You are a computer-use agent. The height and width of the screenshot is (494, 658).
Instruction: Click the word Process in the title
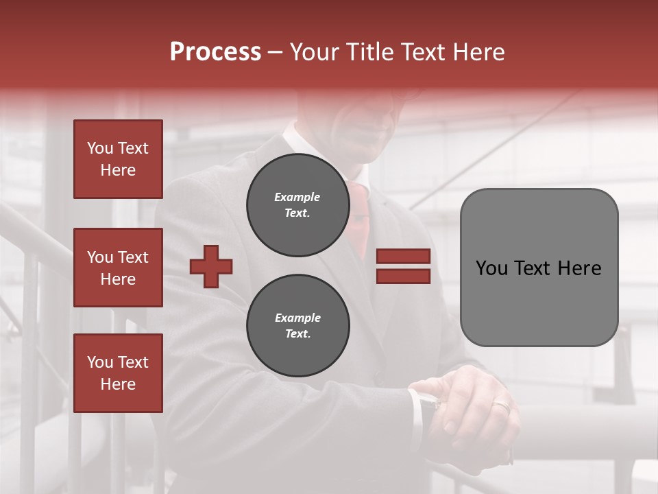(215, 52)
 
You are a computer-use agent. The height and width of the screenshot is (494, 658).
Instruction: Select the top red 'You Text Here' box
(118, 159)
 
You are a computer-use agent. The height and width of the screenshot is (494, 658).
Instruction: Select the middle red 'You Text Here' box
(118, 268)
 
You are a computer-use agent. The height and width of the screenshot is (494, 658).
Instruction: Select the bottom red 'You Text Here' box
(118, 373)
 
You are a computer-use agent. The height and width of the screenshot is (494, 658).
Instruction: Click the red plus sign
(211, 266)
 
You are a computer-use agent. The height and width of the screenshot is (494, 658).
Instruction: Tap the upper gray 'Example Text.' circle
(297, 205)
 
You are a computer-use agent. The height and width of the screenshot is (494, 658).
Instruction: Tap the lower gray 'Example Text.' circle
(297, 326)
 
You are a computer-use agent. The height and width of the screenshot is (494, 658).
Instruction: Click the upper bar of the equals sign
(403, 256)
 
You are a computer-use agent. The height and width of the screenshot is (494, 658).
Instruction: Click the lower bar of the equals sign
(403, 276)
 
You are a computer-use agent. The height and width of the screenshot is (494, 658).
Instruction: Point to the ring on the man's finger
(501, 406)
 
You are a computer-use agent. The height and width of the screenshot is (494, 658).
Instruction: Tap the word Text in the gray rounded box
(538, 268)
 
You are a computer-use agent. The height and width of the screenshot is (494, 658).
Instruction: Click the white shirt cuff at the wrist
(416, 412)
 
